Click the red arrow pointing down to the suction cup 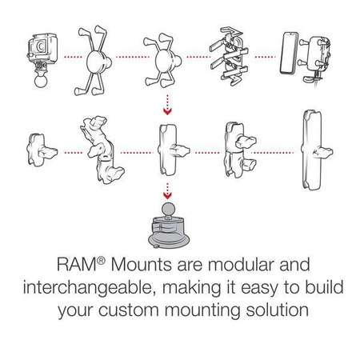tap(167, 192)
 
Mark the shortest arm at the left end tap(39, 150)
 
